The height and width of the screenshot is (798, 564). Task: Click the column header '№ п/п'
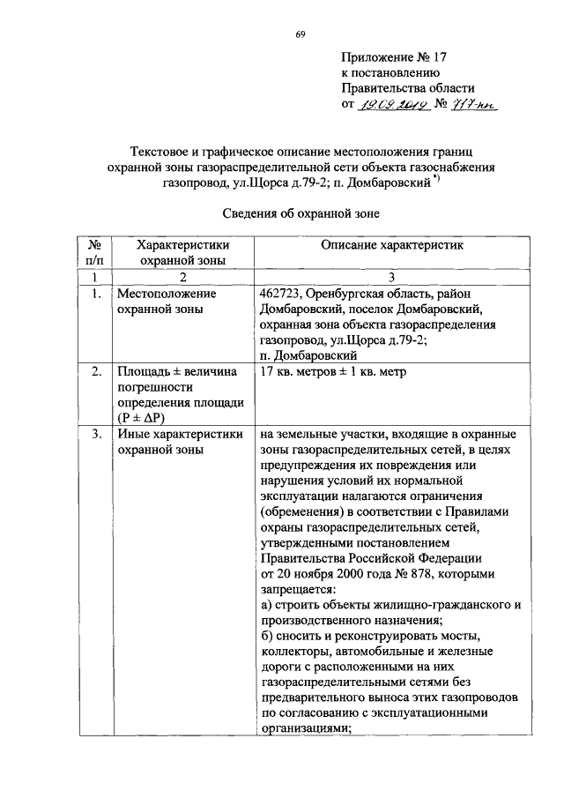(93, 251)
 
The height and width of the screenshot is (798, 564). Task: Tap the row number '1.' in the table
(93, 293)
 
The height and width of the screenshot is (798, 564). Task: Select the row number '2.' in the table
(93, 371)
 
